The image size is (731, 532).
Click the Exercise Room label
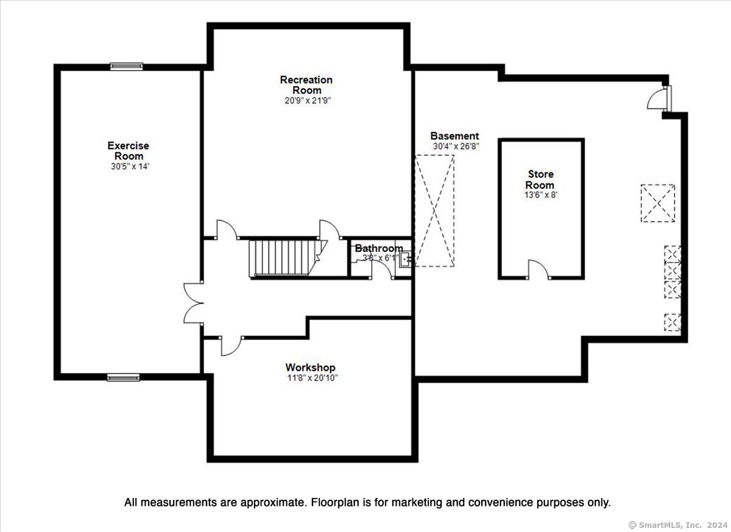[x=129, y=151]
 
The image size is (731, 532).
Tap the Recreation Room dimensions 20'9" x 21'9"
[x=308, y=101]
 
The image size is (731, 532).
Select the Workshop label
[x=310, y=367]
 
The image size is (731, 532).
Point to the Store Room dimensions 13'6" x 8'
[x=541, y=195]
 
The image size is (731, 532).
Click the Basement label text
[x=454, y=136]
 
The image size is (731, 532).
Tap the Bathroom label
[x=379, y=248]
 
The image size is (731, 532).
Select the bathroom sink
[x=405, y=260]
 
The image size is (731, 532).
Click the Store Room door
[x=538, y=269]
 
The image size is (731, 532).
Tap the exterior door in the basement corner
[x=659, y=99]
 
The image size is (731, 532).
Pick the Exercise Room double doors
[x=193, y=303]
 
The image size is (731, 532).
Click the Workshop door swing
[x=231, y=346]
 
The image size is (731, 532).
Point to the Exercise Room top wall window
[x=126, y=66]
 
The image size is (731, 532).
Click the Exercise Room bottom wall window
[x=123, y=378]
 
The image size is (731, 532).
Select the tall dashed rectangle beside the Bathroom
[x=434, y=211]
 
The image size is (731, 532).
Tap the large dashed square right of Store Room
[x=658, y=204]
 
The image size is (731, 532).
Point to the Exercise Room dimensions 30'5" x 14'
[x=130, y=166]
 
